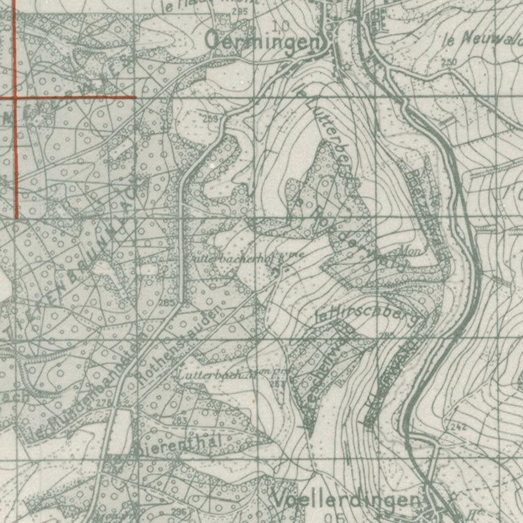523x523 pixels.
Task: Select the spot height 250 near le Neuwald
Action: point(448,62)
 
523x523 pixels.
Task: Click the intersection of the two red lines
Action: point(15,97)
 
